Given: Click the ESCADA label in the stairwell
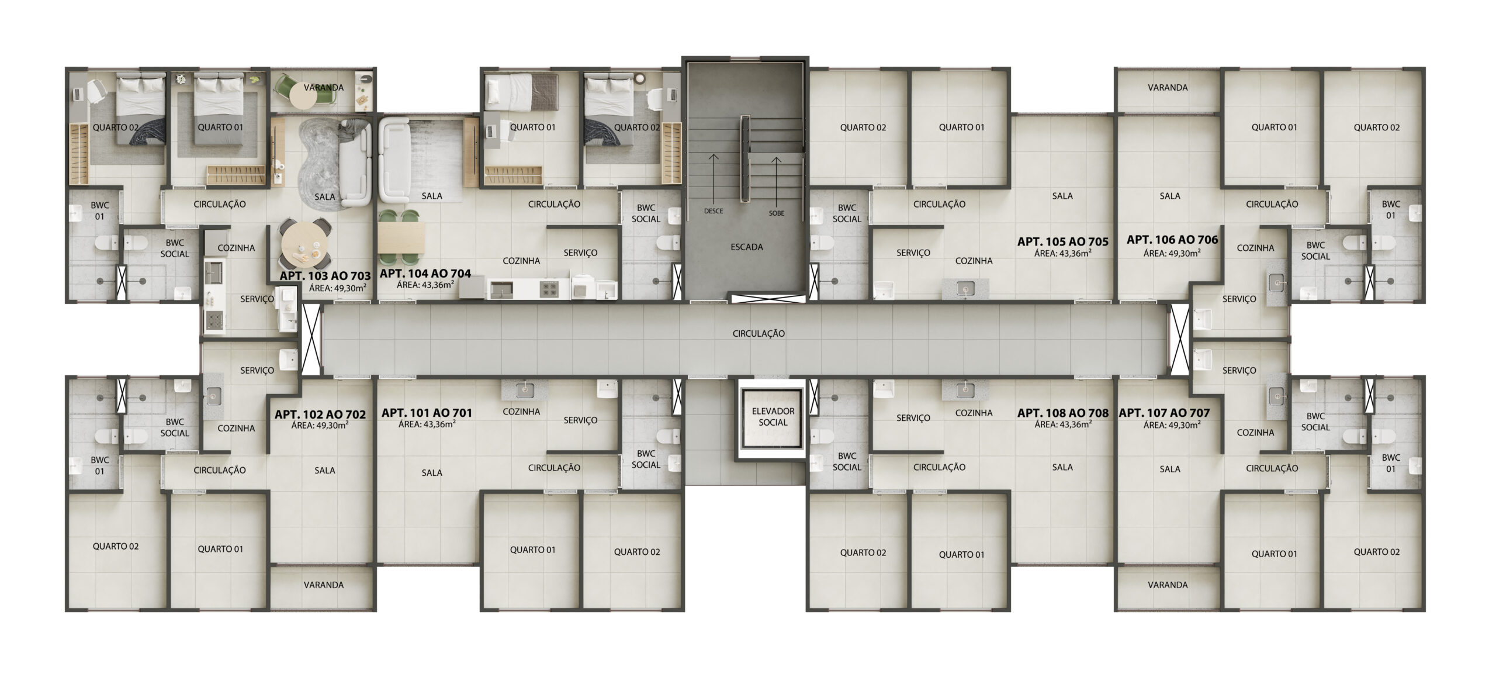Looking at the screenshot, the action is click(x=746, y=247).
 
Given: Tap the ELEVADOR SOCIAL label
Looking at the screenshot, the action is click(x=773, y=417).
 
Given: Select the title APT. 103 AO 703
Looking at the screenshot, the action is click(x=325, y=276).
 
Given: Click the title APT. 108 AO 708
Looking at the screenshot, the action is click(x=1062, y=413).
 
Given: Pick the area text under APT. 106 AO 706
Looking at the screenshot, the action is click(x=1172, y=253).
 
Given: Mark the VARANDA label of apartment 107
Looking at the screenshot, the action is click(x=1168, y=585).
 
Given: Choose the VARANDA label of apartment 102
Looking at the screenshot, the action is click(x=324, y=585).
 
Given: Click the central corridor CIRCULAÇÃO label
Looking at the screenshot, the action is click(x=759, y=334).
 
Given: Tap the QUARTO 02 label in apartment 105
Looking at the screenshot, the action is click(x=863, y=127).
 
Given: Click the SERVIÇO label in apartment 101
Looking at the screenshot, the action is click(x=580, y=420).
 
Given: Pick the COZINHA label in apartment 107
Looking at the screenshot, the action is click(x=1255, y=433).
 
